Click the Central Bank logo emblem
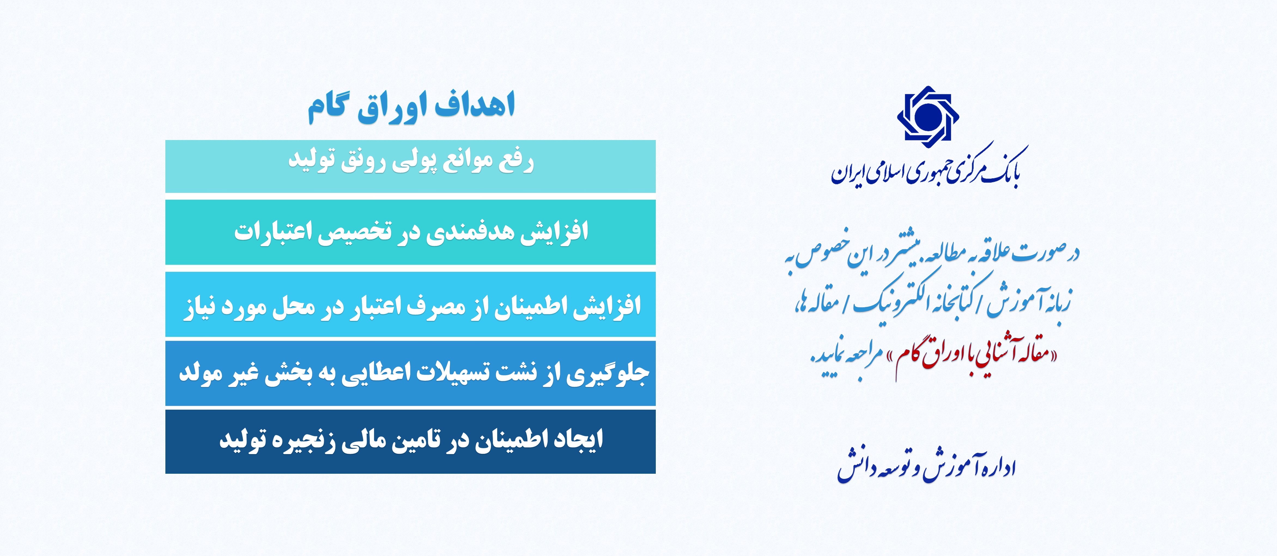click(x=927, y=117)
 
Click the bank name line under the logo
click(x=927, y=168)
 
